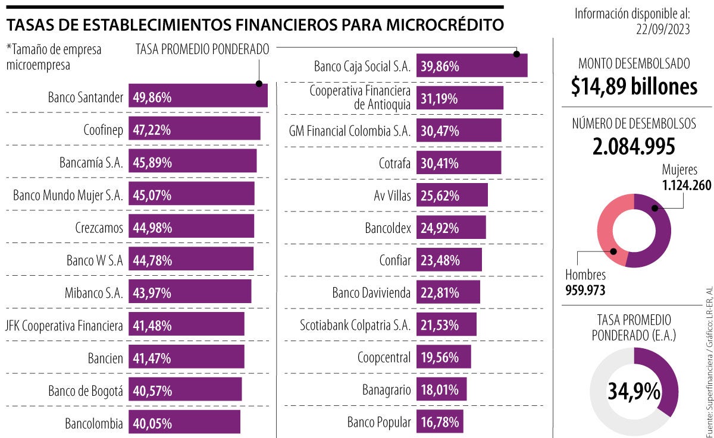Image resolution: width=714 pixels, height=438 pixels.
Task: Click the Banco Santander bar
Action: point(198,96)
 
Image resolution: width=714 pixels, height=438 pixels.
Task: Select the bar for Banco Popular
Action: point(440,423)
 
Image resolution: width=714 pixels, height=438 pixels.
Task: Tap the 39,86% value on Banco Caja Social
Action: point(440,67)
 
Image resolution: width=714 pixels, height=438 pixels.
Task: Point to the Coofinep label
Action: point(104,129)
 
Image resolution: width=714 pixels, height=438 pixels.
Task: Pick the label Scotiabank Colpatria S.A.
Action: point(355,325)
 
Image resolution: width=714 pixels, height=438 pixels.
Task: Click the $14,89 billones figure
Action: point(634,87)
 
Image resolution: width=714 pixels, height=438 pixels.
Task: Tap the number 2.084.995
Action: point(634,146)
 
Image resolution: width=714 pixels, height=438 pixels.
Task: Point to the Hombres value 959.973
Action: point(590,291)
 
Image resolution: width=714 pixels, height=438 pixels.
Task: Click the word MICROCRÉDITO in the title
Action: point(444,25)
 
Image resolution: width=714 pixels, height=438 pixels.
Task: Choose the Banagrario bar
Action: point(441,390)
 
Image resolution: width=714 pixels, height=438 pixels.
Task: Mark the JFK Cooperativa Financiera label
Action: point(64,325)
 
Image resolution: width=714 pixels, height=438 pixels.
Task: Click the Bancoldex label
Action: point(388,228)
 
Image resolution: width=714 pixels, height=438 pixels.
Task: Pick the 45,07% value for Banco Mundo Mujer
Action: point(152,195)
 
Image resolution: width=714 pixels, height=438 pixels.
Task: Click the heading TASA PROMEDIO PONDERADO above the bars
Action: point(203,49)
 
